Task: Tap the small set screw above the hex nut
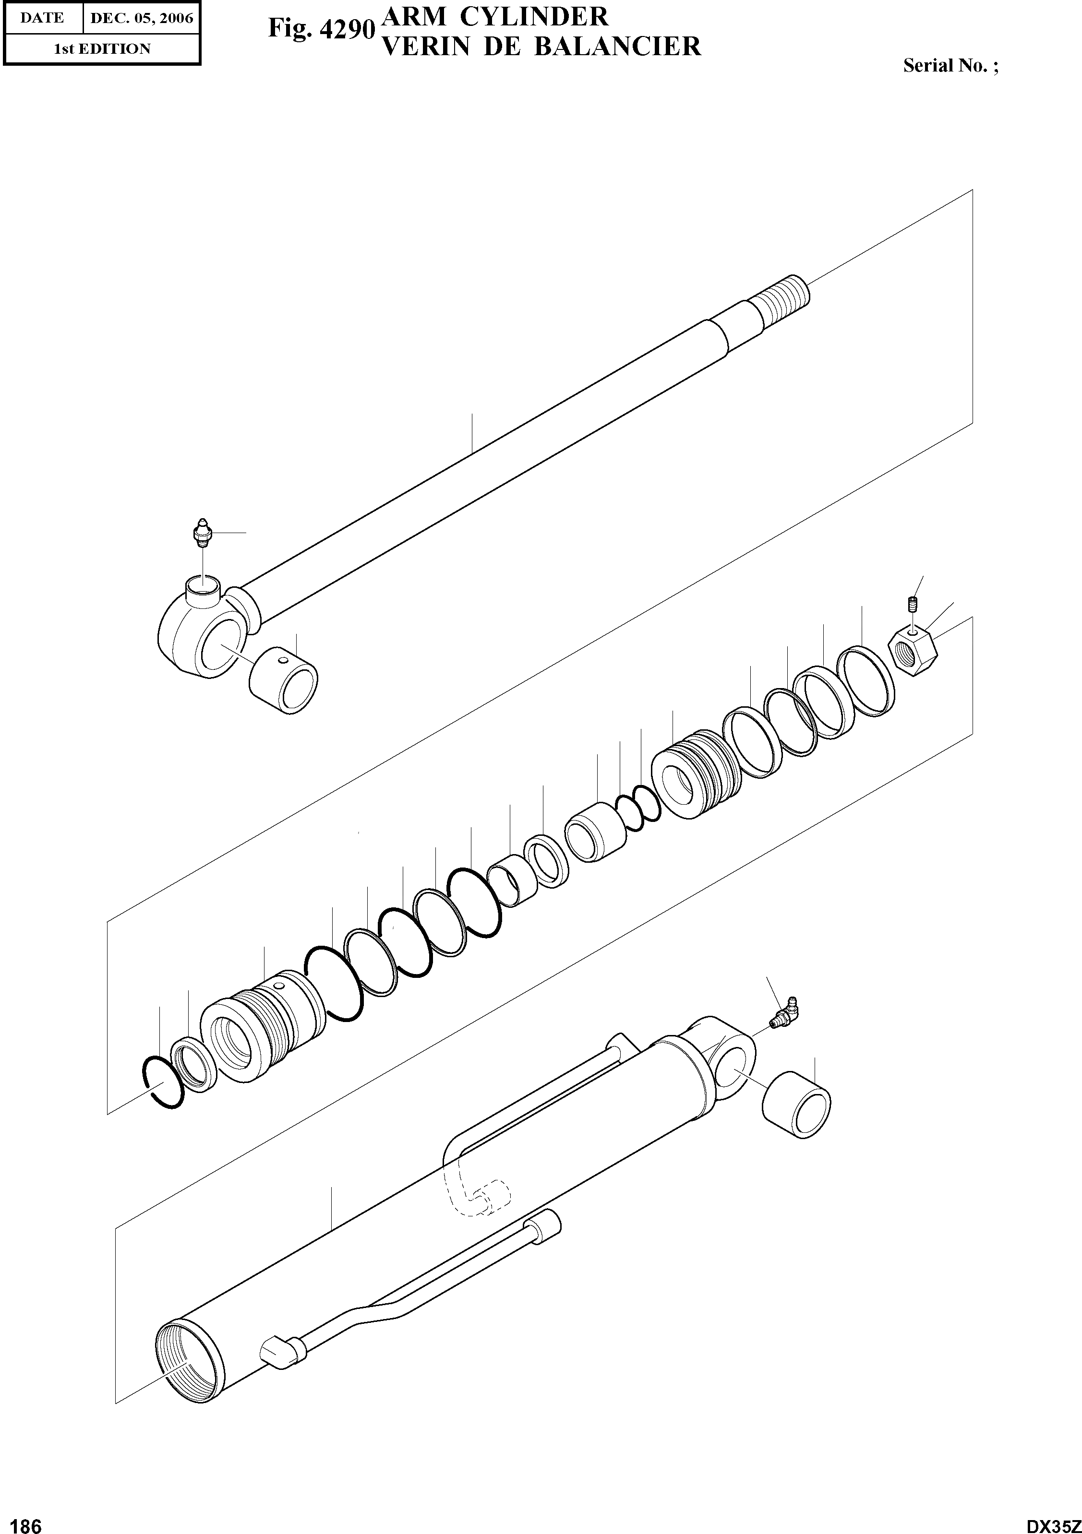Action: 912,606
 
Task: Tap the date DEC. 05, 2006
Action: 141,18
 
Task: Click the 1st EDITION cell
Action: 102,49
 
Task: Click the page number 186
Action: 23,1522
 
